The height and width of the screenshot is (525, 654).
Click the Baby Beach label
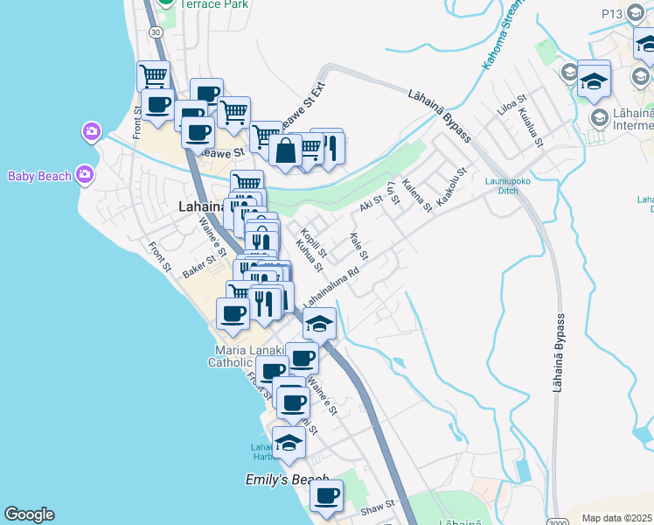39,176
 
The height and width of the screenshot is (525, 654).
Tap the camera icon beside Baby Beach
84,174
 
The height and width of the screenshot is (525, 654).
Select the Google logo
29,514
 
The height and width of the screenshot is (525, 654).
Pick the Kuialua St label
532,127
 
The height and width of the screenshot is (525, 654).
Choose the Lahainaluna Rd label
331,287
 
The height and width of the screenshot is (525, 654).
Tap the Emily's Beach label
286,480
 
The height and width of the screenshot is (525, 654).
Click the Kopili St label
312,242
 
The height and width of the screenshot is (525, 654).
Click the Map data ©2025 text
617,518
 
